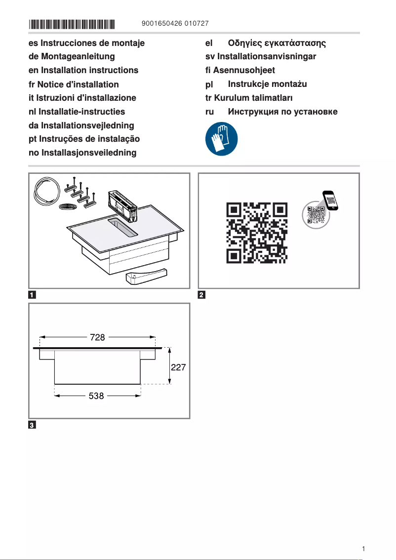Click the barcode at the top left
click(x=72, y=24)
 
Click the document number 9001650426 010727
click(x=174, y=24)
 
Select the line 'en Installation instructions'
click(x=83, y=71)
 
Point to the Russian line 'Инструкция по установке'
click(x=282, y=112)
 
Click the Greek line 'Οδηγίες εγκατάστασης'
click(x=277, y=43)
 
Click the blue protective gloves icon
click(x=221, y=139)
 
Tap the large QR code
click(x=257, y=232)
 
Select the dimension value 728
click(x=97, y=337)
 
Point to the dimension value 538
click(x=96, y=396)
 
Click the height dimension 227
click(x=178, y=367)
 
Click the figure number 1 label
click(x=32, y=295)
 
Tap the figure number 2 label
click(x=201, y=295)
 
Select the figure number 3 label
click(x=32, y=425)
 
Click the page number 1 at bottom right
click(x=363, y=549)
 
